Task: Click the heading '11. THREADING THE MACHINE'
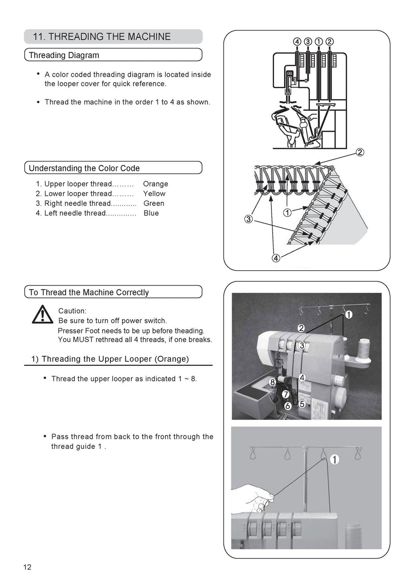(101, 37)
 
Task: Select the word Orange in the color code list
(155, 184)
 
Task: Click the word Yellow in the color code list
(154, 194)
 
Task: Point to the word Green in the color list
(154, 203)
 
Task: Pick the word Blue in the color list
(151, 213)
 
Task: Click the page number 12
(27, 567)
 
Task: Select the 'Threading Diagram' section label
(64, 55)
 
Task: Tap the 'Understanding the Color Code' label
(84, 168)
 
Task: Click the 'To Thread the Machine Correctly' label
(89, 292)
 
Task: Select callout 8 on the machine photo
(273, 381)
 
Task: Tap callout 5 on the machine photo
(302, 404)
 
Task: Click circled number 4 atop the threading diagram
(297, 42)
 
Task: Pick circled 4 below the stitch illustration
(276, 258)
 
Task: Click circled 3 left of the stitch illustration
(248, 219)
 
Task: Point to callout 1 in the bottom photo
(334, 459)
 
